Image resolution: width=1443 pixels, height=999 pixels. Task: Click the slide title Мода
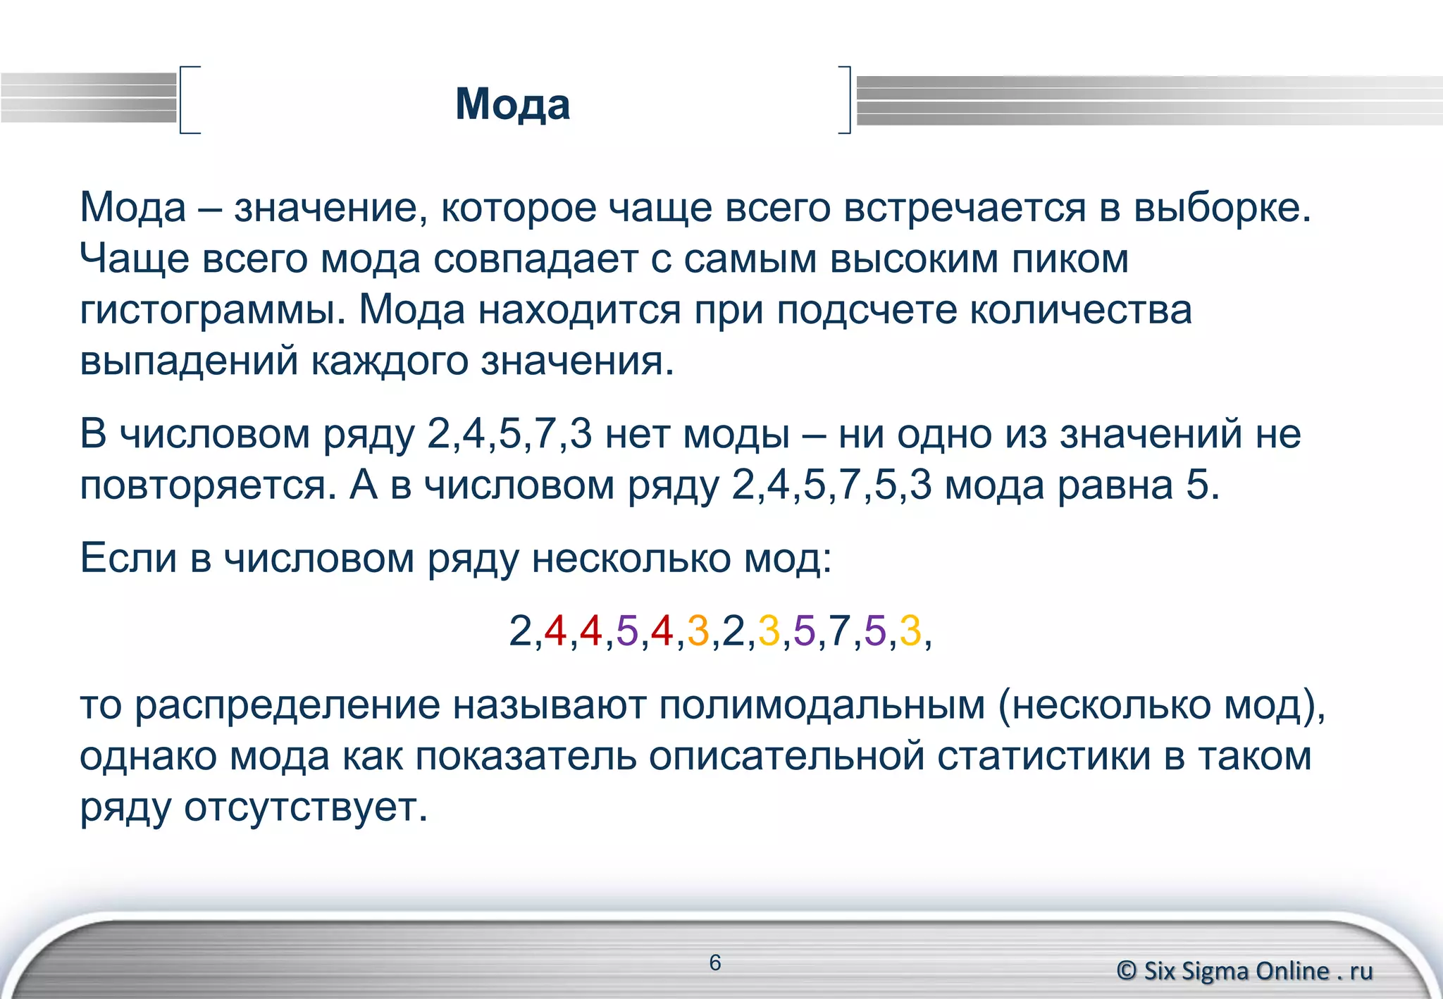coord(512,104)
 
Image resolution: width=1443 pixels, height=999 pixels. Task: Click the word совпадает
coord(535,259)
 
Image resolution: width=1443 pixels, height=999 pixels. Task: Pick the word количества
coord(1081,311)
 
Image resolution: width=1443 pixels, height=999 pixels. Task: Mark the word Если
coord(128,558)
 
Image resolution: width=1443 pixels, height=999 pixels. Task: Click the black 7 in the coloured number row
coord(839,631)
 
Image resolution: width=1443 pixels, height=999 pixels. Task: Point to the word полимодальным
coord(822,705)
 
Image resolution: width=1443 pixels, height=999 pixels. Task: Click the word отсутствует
coord(306,807)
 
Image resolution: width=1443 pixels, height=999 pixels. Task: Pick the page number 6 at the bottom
coord(715,962)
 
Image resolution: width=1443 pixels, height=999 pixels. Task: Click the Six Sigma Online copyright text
coord(1245,971)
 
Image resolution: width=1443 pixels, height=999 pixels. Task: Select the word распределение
coord(287,705)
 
